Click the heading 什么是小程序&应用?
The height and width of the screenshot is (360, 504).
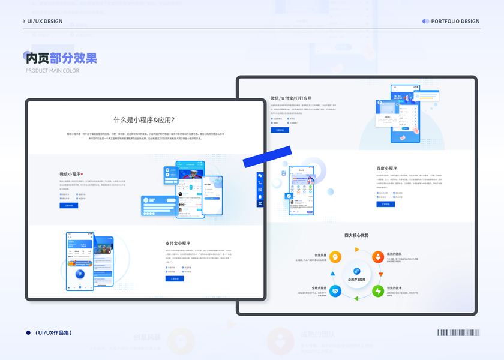[x=146, y=120]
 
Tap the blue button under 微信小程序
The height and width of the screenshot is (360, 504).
[x=69, y=205]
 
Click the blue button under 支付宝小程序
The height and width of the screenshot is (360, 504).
[x=175, y=278]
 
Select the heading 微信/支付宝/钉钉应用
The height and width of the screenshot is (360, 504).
[x=291, y=98]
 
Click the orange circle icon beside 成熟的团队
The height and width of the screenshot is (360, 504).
[x=378, y=257]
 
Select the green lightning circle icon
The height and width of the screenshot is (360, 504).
[x=378, y=292]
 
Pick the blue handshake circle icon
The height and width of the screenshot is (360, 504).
[x=335, y=292]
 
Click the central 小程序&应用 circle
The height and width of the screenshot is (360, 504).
[x=356, y=275]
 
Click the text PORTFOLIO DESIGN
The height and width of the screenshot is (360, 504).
[x=455, y=22]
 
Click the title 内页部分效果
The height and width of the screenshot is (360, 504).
[x=61, y=58]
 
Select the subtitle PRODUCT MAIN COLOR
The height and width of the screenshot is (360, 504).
[x=52, y=71]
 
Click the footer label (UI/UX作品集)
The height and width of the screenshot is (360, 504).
[x=53, y=332]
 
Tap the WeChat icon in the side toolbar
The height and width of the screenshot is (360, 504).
[x=260, y=176]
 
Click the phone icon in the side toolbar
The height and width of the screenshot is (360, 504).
[x=260, y=182]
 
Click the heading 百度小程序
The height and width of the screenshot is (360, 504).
[x=387, y=169]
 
